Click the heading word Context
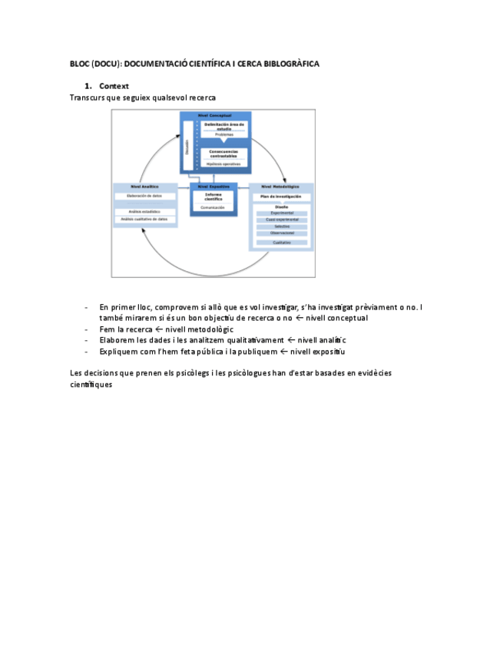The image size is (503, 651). (x=114, y=86)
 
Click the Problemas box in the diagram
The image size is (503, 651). (x=224, y=134)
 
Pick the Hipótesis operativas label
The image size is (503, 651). (x=224, y=164)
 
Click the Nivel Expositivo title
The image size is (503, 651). (x=213, y=186)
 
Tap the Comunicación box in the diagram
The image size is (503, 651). (x=213, y=207)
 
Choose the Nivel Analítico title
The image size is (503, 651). (x=145, y=187)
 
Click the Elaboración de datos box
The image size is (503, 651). (x=145, y=197)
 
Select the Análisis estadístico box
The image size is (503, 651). (x=145, y=211)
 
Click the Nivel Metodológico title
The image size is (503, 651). (x=281, y=187)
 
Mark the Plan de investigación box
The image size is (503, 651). (x=281, y=197)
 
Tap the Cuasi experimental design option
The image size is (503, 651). (x=281, y=220)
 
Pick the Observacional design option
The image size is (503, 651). (x=281, y=233)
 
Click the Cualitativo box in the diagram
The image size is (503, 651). (x=281, y=243)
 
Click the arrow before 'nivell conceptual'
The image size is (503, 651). (x=299, y=318)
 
